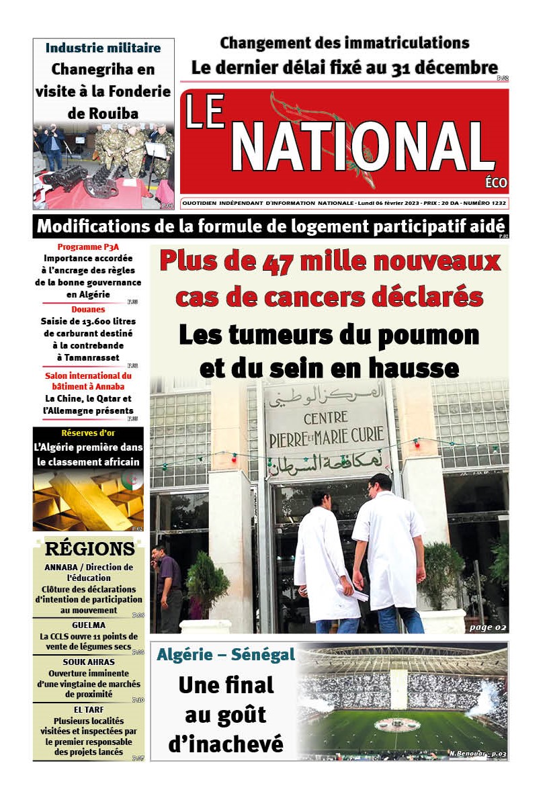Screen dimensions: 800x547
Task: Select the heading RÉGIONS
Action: click(x=89, y=549)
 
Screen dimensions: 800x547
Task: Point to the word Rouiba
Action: click(x=103, y=113)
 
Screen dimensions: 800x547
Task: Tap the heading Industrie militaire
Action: click(x=103, y=48)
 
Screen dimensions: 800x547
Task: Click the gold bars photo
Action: click(x=88, y=500)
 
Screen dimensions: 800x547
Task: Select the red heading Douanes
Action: click(x=88, y=310)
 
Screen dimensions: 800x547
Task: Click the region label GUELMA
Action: click(x=88, y=625)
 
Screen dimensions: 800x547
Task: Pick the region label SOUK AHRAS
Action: click(x=88, y=662)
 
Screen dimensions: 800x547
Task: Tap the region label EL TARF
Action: click(x=88, y=709)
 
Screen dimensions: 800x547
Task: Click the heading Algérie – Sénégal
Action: click(x=226, y=654)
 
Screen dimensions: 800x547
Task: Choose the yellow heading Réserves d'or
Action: click(x=88, y=433)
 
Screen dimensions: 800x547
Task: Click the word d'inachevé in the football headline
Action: click(x=226, y=744)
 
